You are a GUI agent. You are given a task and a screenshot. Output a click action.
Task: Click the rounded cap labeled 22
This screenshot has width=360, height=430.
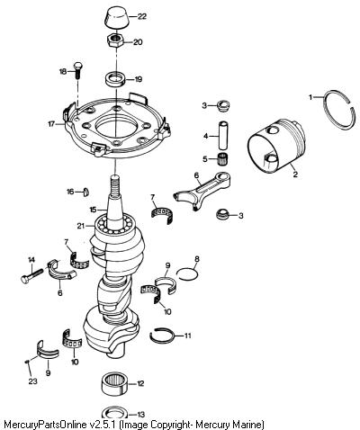116,17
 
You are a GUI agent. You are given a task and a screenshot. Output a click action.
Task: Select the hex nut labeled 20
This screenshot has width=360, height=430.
116,40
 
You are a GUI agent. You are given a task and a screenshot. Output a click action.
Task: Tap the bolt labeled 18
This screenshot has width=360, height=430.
77,69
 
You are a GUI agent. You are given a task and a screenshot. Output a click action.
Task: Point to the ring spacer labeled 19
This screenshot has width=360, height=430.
116,79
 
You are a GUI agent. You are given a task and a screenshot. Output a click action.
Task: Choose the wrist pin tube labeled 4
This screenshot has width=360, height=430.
224,135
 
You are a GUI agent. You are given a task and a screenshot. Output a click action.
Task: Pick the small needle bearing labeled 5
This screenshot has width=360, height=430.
222,157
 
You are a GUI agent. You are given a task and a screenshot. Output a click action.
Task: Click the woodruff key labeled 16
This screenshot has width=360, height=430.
85,192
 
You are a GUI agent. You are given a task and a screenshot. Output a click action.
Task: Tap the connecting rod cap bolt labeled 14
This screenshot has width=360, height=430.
31,276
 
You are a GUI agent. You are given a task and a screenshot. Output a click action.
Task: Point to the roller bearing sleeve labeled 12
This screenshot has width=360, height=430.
115,384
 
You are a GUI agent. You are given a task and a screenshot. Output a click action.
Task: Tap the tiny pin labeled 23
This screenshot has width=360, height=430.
27,362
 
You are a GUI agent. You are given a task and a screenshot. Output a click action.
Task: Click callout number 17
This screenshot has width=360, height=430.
51,123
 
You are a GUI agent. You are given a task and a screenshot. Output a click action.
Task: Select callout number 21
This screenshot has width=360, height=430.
81,226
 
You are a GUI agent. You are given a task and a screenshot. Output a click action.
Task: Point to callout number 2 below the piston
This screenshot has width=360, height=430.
295,175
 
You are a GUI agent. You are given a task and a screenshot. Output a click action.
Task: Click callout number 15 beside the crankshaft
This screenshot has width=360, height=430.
94,210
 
